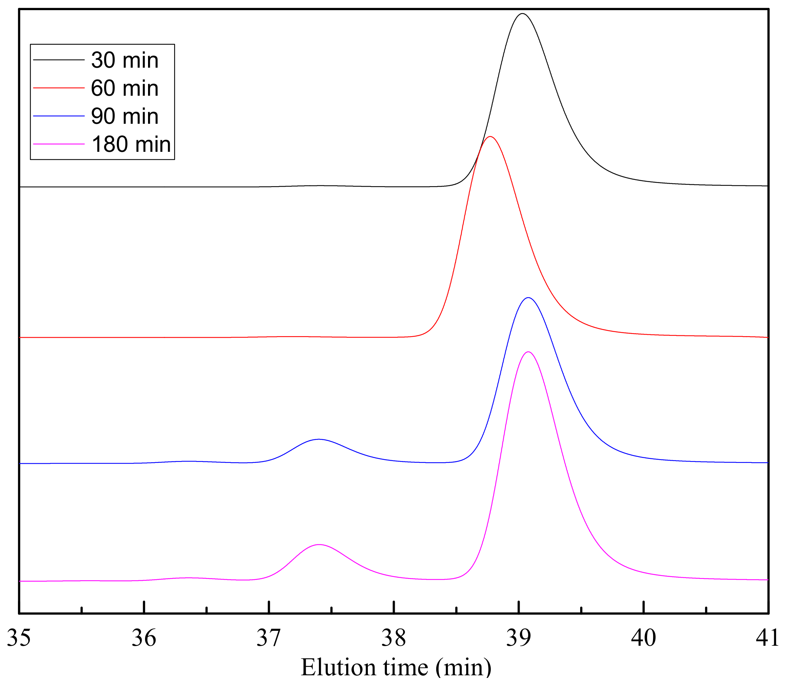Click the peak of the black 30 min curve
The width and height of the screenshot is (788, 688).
click(x=522, y=14)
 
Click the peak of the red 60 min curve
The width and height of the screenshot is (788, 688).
click(x=490, y=137)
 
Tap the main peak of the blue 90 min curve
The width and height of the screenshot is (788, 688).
click(x=529, y=298)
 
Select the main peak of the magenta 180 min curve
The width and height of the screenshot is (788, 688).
click(x=529, y=352)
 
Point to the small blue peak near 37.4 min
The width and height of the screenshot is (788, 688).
click(x=318, y=439)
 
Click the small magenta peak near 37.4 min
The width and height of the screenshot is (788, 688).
click(x=318, y=544)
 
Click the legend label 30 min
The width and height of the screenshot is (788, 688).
click(x=125, y=60)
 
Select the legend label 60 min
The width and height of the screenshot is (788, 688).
click(x=125, y=88)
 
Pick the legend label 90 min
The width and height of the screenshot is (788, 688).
click(x=125, y=116)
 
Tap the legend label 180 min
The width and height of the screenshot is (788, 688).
click(x=131, y=144)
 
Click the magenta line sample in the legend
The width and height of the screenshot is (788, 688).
click(x=59, y=144)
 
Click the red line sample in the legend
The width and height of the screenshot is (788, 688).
click(x=59, y=88)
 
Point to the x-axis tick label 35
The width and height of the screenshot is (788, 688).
click(x=19, y=638)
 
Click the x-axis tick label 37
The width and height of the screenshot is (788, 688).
click(x=269, y=638)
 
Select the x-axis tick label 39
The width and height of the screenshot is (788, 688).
click(x=518, y=638)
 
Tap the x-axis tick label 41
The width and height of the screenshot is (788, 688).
click(x=768, y=638)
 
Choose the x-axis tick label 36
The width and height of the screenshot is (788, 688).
click(x=144, y=638)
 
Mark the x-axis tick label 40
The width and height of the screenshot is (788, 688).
click(x=644, y=638)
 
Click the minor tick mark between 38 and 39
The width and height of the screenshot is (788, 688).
click(x=456, y=610)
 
